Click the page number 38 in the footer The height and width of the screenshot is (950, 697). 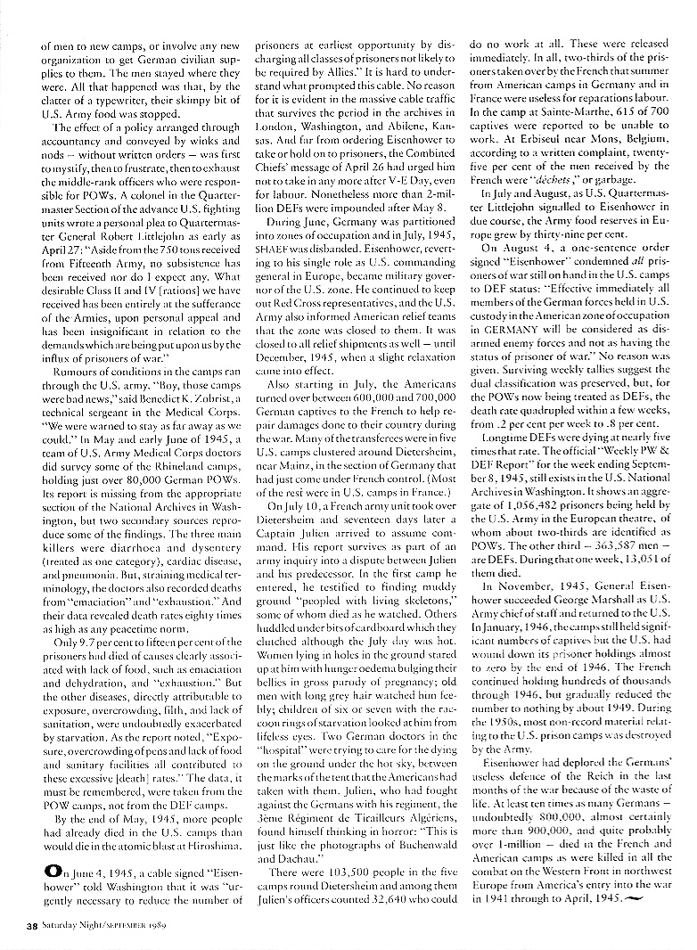click(28, 928)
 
